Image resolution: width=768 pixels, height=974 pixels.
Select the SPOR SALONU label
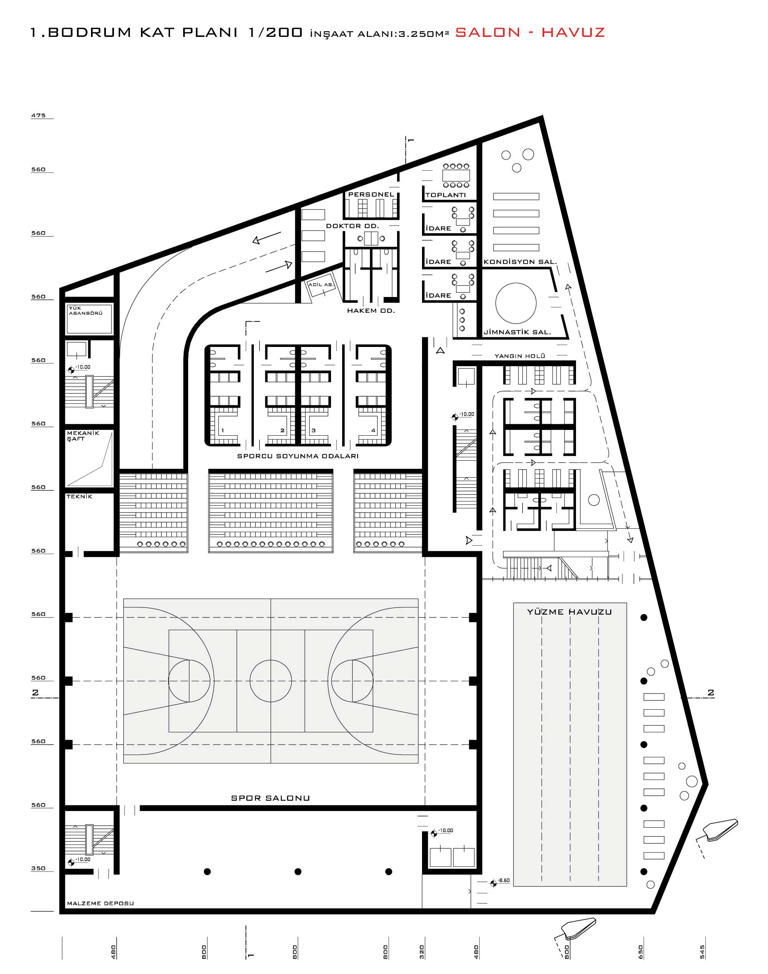pos(270,798)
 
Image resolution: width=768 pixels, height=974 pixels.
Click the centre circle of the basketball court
pos(271,681)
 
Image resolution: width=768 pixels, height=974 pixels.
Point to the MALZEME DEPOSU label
pos(100,903)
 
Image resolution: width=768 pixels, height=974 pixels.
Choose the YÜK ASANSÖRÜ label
pos(85,310)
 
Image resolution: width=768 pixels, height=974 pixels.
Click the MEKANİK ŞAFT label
pos(83,436)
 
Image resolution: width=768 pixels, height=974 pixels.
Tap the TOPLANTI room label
pos(445,195)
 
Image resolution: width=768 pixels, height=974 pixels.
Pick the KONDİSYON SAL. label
pos(520,262)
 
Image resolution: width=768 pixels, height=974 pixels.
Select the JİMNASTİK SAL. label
pos(517,332)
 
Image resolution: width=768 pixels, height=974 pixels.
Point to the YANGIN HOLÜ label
pos(520,356)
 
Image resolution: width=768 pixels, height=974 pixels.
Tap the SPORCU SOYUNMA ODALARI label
pos(298,456)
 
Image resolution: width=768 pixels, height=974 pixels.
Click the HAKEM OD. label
pos(371,311)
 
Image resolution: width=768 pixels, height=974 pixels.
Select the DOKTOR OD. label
pos(353,226)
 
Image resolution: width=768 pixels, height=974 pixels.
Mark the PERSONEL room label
pos(371,194)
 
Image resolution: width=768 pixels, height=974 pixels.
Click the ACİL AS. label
pos(321,284)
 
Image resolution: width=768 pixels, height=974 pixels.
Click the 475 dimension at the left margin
pos(38,116)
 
